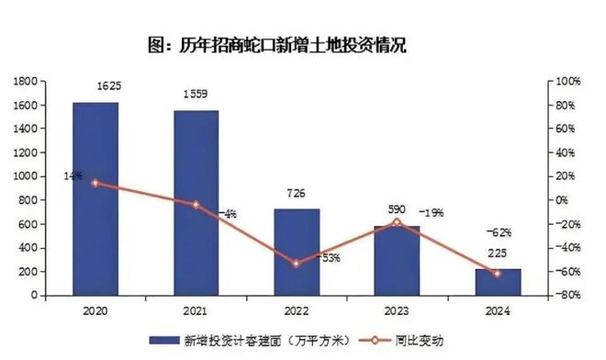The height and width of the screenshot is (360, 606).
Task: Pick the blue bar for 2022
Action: pos(297,252)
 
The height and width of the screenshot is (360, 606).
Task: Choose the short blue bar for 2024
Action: pos(498,282)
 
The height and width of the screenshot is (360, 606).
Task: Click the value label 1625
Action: pos(108,86)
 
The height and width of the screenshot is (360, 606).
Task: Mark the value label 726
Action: pos(296,194)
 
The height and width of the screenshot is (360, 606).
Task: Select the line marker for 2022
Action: pos(296,264)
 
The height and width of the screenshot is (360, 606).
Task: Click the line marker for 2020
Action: pos(95,183)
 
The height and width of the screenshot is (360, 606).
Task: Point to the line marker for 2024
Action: pos(498,274)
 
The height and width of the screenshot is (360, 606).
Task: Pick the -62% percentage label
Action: pos(499,232)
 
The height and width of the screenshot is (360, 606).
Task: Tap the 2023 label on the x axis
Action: pos(397,310)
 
